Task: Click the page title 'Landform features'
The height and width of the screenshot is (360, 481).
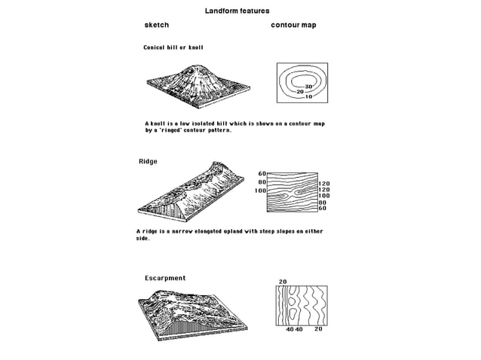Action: point(237,11)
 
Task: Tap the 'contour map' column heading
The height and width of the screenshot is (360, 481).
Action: point(293,26)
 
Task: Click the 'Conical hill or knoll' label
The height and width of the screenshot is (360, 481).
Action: point(173,47)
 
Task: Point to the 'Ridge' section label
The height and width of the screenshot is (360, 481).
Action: point(148,162)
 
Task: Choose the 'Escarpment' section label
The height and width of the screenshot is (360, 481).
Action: point(165,278)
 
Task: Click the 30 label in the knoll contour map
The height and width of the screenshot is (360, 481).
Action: point(308,87)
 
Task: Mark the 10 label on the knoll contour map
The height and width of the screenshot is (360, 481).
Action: point(308,97)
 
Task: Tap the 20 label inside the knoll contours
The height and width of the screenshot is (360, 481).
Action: point(300,92)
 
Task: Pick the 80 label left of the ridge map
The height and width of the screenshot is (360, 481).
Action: point(262,182)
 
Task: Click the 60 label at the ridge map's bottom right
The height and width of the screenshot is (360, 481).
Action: point(322,209)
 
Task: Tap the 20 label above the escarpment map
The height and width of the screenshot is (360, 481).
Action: point(283,282)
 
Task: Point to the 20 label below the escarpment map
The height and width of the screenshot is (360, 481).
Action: point(318,329)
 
